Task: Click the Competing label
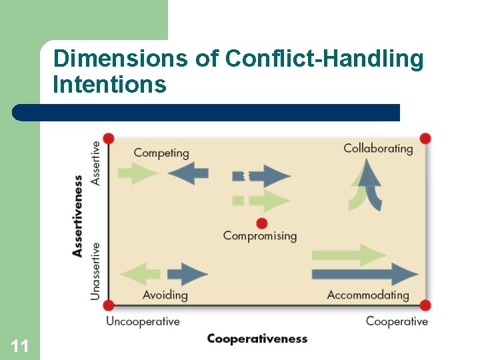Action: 161,153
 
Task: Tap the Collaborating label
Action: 378,148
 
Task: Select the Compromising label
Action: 260,235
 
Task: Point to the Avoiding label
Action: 165,295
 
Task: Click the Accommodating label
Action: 368,295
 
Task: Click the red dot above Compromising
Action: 261,223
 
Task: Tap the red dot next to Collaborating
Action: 425,139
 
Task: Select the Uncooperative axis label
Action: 143,321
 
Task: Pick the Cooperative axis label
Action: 397,321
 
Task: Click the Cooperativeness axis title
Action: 257,339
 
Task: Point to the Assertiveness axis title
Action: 78,215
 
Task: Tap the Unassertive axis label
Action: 95,271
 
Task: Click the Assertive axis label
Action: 95,163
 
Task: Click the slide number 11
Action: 19,345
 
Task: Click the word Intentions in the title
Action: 109,85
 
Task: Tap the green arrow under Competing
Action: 137,173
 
